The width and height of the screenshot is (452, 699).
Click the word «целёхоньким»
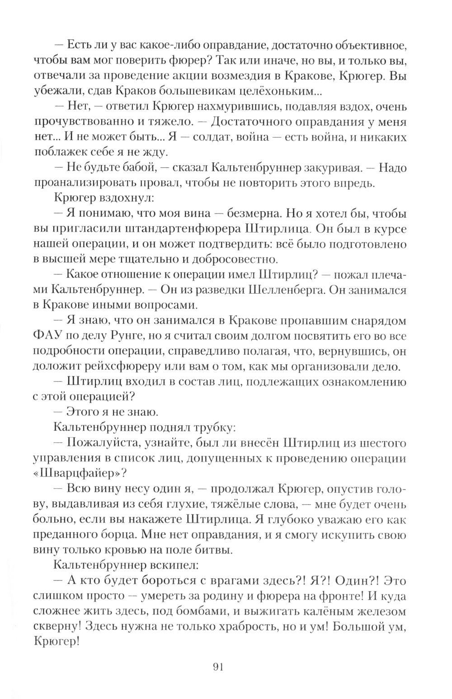coord(273,91)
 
